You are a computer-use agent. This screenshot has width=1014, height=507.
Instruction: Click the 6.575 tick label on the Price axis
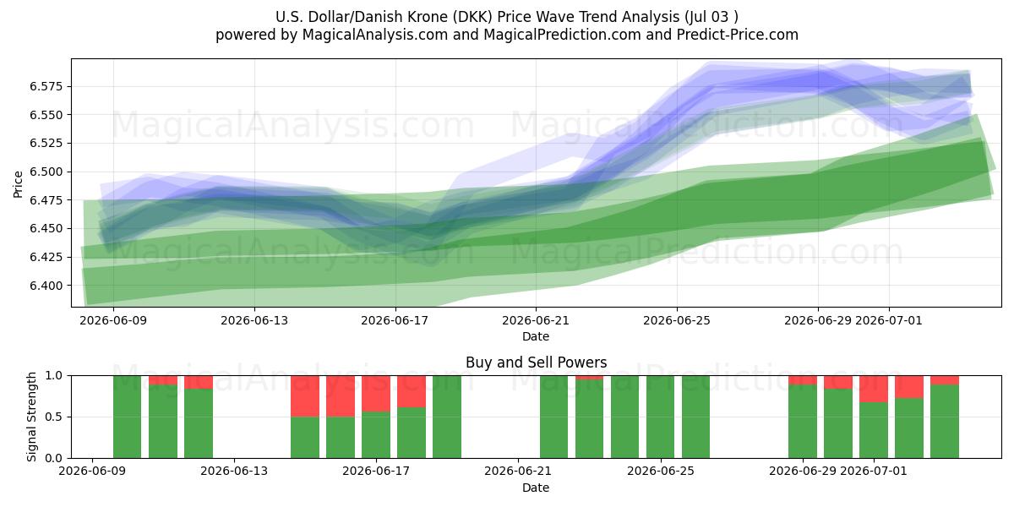46,86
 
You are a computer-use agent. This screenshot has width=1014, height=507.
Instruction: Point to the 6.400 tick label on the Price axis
46,286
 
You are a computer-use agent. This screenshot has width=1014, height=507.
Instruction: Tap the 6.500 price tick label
46,172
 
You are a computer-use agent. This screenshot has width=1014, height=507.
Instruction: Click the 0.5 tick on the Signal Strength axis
54,417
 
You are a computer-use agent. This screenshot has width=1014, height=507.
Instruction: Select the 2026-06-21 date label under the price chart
536,320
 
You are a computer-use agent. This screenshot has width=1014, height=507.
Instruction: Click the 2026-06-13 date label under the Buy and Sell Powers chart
234,472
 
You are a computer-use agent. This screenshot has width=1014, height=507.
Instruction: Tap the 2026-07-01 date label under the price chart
889,320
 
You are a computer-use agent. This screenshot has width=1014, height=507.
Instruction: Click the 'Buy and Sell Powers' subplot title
536,363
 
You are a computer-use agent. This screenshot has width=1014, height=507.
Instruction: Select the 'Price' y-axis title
18,184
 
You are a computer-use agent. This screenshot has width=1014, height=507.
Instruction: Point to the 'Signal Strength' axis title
31,417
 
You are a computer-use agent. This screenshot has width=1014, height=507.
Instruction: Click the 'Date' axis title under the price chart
536,336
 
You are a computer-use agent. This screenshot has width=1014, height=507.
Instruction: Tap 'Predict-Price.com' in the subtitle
738,35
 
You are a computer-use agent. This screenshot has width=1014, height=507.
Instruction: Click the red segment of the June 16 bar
340,396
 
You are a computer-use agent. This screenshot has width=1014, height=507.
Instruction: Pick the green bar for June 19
446,417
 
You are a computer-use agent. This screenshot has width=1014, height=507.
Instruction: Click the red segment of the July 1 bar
873,389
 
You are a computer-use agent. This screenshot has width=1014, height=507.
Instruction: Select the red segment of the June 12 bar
199,382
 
